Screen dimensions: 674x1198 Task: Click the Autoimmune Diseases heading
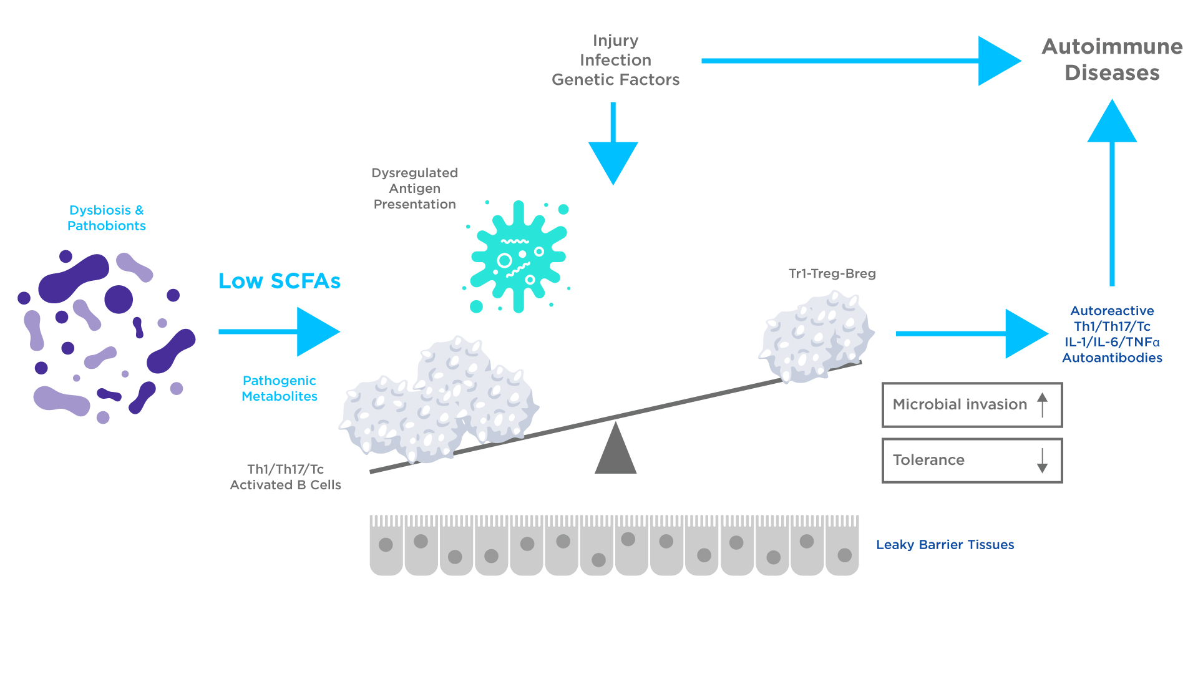pos(1112,59)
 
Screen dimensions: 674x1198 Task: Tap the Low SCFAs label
pos(279,281)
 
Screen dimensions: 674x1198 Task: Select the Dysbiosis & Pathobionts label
pos(106,218)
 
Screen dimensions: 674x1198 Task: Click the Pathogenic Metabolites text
pos(279,388)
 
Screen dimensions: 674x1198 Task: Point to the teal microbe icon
pos(518,256)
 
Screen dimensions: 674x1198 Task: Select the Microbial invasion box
pos(972,405)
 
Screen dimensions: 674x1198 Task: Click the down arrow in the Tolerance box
pos(1042,461)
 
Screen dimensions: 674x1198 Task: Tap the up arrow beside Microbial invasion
pos(1042,404)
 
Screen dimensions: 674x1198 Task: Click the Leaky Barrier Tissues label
pos(945,545)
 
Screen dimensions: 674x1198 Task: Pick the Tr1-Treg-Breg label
pos(832,273)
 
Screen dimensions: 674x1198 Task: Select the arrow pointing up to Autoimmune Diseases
pos(1112,187)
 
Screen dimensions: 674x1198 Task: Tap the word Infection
pos(615,60)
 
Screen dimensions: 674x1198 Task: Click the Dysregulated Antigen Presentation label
pos(414,188)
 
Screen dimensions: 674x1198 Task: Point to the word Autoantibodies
pos(1112,358)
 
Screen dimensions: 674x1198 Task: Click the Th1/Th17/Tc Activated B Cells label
pos(285,477)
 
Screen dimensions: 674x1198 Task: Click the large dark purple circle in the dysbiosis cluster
pos(119,299)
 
